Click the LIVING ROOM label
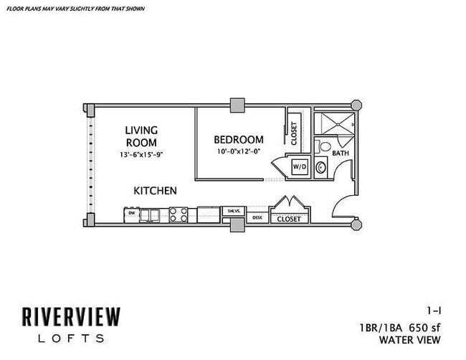coord(141,136)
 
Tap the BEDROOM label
coord(239,140)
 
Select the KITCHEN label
coord(155,191)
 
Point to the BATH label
coord(340,153)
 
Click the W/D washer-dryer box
coord(298,167)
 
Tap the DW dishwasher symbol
coord(131,213)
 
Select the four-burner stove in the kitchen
coord(178,214)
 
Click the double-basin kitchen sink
coord(151,214)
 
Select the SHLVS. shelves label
coord(233,211)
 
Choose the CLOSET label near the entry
coord(288,219)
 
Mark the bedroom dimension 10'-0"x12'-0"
coord(239,152)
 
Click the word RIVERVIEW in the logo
coord(70,316)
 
